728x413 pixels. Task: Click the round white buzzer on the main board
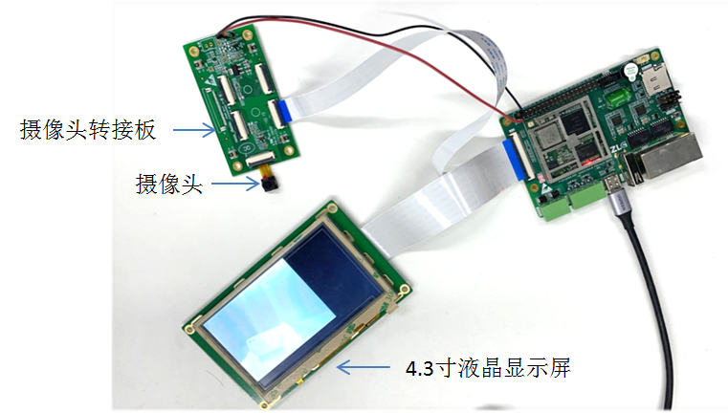tap(630, 72)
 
